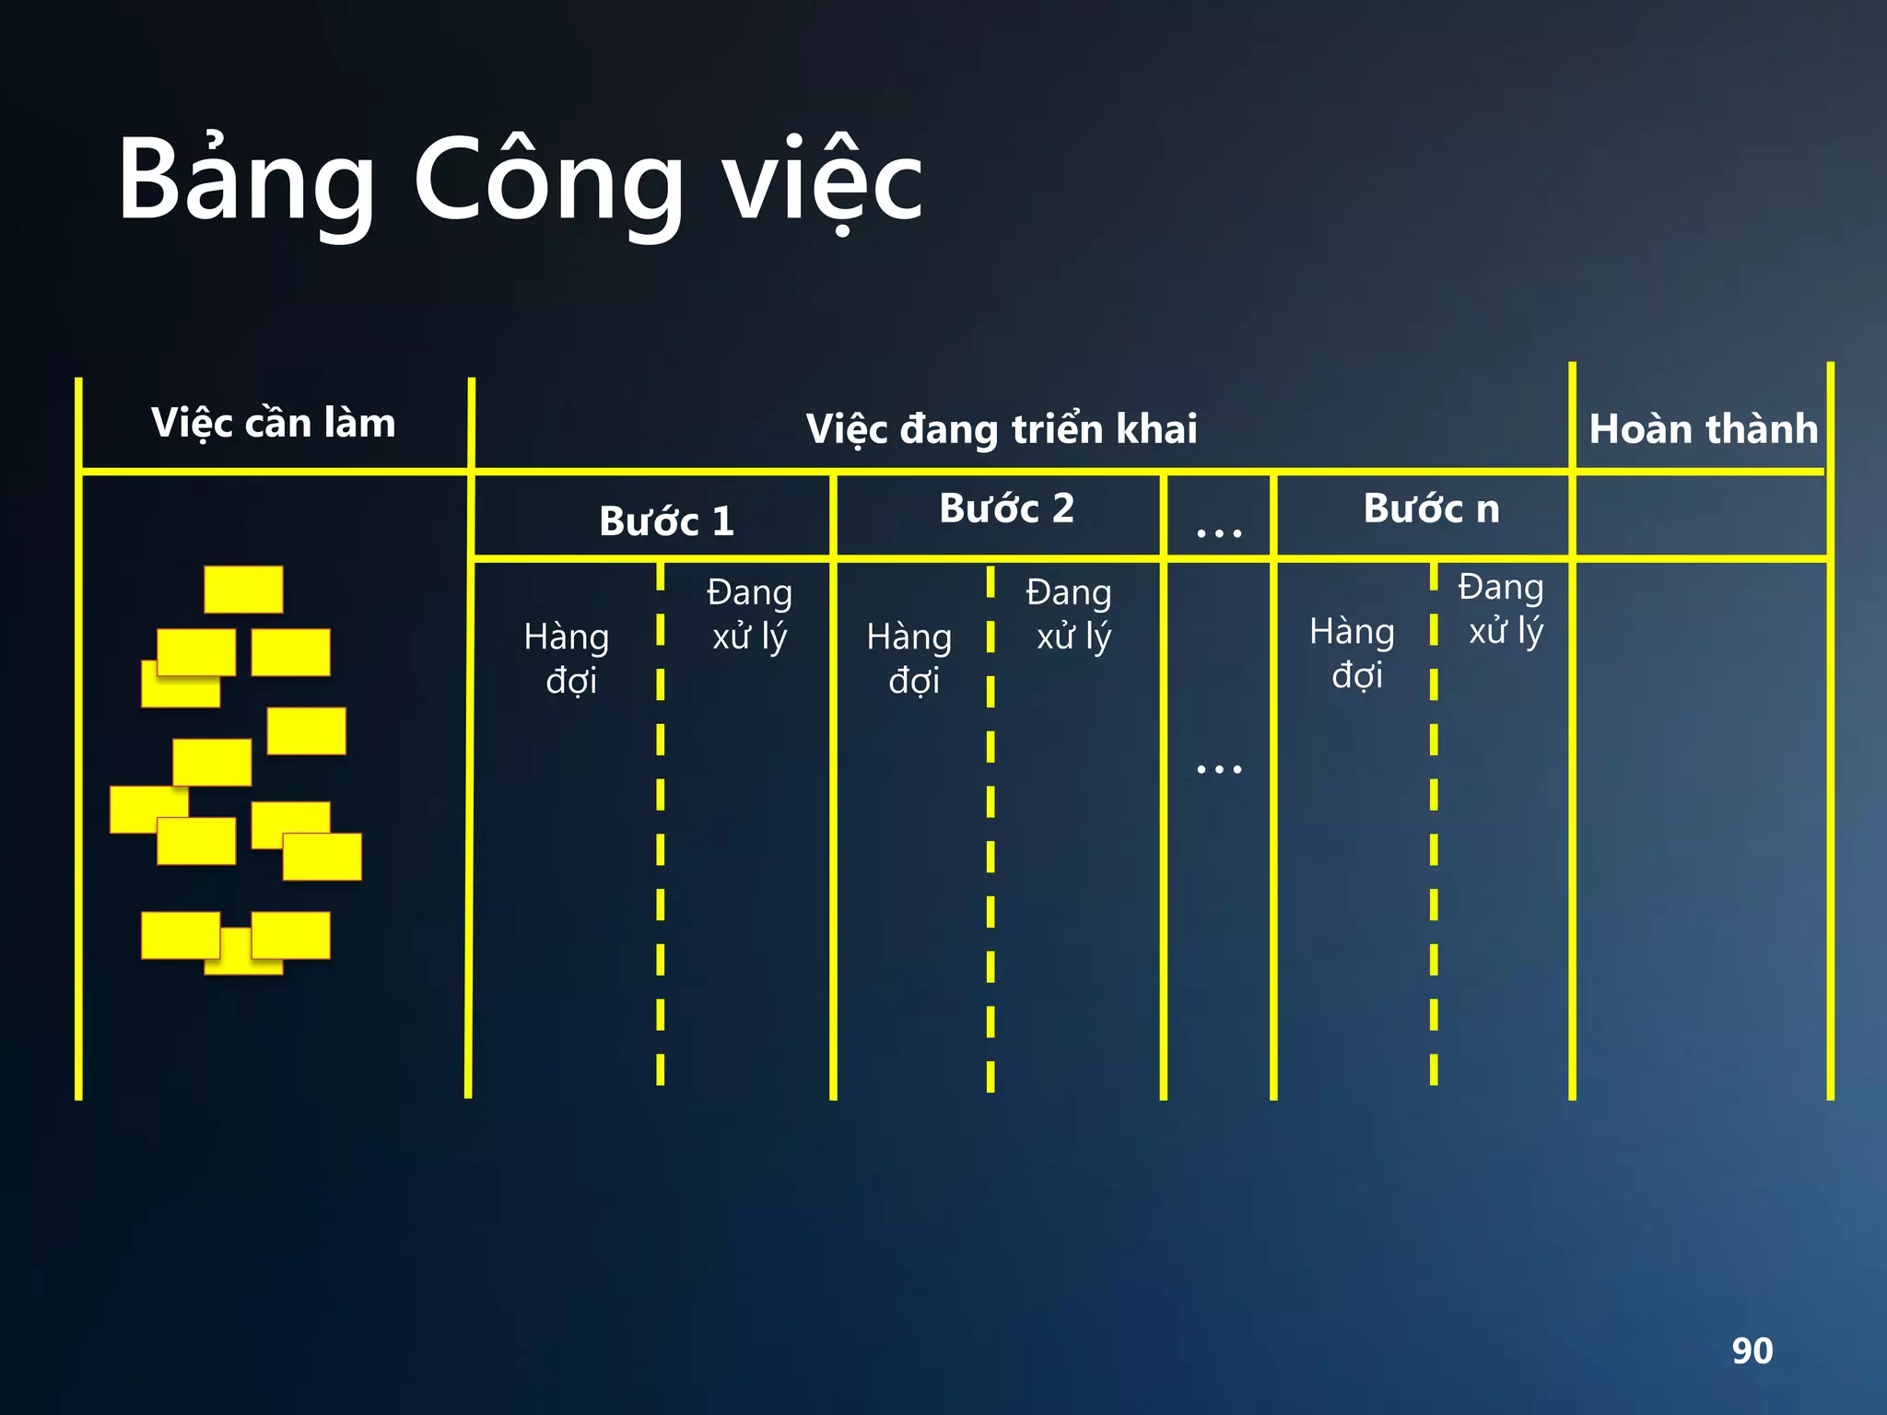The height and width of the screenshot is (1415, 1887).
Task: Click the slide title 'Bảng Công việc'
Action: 521,180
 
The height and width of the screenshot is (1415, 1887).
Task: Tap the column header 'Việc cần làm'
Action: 274,423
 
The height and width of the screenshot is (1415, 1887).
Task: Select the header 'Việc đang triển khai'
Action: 1002,428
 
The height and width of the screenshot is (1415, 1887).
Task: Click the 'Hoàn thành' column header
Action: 1703,428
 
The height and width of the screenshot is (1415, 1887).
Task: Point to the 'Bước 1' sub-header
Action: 666,521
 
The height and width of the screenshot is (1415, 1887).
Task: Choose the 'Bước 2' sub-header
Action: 1006,509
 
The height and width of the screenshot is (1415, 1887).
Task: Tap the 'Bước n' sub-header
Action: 1431,509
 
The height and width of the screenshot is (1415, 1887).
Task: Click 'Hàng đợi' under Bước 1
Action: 568,658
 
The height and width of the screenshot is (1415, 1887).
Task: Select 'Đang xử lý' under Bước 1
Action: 749,614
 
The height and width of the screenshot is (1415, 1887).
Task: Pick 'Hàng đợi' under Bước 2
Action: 910,658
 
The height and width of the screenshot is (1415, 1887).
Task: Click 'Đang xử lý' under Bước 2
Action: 1070,614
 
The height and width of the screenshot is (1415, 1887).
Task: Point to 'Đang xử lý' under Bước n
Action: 1502,608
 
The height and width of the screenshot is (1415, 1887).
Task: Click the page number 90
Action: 1752,1351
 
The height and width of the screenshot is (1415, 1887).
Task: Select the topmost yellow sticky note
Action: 243,590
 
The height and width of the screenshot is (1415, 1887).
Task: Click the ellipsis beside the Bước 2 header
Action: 1218,532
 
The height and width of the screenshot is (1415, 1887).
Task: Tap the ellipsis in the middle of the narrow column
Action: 1218,768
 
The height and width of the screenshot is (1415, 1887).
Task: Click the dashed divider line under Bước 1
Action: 661,829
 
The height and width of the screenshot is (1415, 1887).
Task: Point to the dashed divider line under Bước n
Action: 1434,829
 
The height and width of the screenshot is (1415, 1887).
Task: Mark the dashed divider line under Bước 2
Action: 990,829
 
